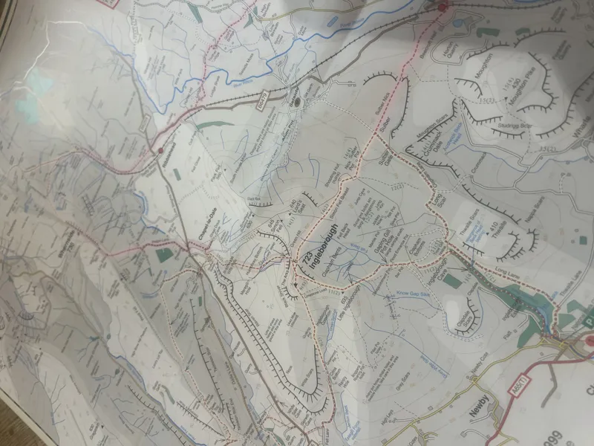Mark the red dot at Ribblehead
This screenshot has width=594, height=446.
pyautogui.click(x=160, y=150)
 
